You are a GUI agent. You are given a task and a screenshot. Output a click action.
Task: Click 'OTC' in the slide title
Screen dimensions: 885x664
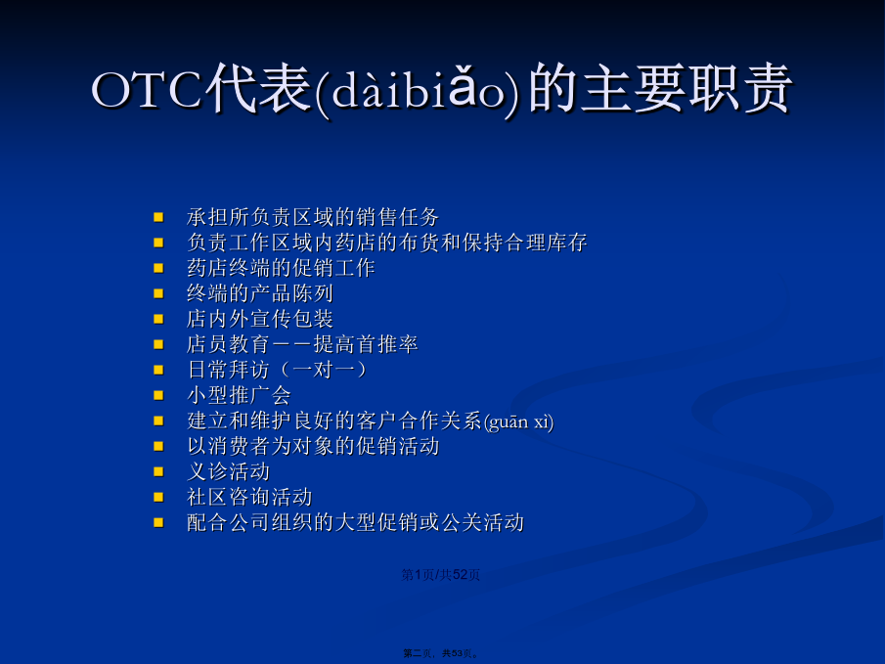pyautogui.click(x=146, y=89)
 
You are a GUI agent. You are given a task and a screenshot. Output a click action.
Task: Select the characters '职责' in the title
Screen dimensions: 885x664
pyautogui.click(x=739, y=89)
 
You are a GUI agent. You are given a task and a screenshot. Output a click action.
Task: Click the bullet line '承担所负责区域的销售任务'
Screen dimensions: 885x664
pyautogui.click(x=313, y=217)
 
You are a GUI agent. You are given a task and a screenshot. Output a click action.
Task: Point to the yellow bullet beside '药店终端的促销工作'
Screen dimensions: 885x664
pyautogui.click(x=158, y=268)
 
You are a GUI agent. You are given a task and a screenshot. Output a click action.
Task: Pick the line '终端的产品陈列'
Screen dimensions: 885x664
pyautogui.click(x=259, y=293)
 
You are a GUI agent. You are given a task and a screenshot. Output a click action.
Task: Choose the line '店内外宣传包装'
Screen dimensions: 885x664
pyautogui.click(x=259, y=319)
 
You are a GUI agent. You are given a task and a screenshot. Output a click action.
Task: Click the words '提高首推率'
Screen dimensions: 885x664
pyautogui.click(x=366, y=344)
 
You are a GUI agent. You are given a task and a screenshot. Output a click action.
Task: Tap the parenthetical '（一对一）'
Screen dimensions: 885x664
pyautogui.click(x=323, y=370)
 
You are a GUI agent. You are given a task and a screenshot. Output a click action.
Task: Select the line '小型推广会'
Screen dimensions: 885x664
pyautogui.click(x=239, y=395)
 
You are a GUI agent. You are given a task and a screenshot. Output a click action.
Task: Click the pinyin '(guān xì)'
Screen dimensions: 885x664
pyautogui.click(x=518, y=421)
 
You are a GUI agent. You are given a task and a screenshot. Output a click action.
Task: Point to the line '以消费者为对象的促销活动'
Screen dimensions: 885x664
pyautogui.click(x=313, y=446)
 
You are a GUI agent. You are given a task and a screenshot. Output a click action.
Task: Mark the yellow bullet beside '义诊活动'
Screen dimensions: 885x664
pyautogui.click(x=158, y=472)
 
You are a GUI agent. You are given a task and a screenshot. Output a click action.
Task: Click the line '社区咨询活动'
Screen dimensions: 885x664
pyautogui.click(x=249, y=497)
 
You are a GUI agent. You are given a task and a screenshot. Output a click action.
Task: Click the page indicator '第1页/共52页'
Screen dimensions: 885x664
pyautogui.click(x=440, y=575)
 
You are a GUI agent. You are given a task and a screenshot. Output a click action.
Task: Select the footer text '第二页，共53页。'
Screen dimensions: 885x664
pyautogui.click(x=441, y=653)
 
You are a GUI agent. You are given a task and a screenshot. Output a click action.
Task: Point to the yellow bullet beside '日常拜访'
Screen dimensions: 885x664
pyautogui.click(x=158, y=371)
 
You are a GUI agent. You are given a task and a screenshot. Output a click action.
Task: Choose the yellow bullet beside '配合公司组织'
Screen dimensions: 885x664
pyautogui.click(x=158, y=523)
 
